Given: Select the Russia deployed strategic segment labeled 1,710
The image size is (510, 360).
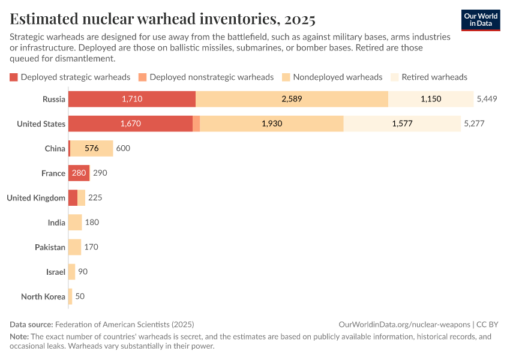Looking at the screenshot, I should [132, 99].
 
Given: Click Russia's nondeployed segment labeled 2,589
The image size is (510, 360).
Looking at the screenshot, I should [292, 99].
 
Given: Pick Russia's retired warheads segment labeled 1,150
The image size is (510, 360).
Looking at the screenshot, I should [431, 99].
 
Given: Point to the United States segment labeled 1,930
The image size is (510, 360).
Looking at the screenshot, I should [271, 124].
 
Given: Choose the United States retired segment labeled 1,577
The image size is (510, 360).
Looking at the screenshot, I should [403, 124].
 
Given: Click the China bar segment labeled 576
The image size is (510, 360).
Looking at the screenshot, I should [92, 148].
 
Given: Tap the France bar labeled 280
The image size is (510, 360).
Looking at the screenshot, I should [79, 173].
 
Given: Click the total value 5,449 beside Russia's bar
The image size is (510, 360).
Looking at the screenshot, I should [487, 99].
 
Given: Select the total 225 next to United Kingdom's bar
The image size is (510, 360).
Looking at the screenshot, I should [95, 197].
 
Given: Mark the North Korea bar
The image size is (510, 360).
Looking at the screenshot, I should [70, 296].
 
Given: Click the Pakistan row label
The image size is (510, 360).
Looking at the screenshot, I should [50, 247].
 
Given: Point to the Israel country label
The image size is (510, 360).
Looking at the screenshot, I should [55, 272].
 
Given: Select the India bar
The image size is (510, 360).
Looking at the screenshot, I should [75, 223].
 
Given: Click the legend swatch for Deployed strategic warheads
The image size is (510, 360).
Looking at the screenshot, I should [14, 77].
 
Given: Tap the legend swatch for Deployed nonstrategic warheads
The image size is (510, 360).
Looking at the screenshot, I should [142, 77].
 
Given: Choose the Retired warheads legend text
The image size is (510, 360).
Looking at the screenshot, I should [434, 77].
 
